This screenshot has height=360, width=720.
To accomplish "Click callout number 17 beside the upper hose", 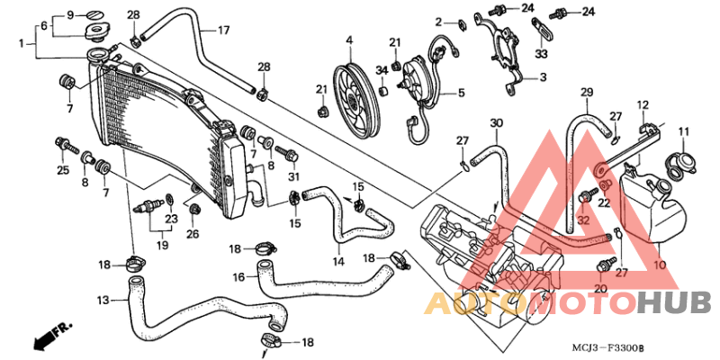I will (224, 30).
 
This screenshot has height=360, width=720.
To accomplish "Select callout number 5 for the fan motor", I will (461, 93).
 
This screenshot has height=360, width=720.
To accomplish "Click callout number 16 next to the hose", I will (238, 277).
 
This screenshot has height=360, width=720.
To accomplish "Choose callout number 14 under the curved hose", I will (338, 262).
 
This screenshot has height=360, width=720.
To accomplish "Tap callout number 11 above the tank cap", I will (683, 132).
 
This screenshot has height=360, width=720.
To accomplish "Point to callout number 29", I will (586, 94).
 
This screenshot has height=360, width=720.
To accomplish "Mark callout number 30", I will (495, 123).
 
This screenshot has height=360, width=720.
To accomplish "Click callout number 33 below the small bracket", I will (541, 54).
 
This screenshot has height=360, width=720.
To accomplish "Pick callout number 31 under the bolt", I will (292, 175).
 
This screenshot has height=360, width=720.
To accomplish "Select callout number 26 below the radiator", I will (193, 234).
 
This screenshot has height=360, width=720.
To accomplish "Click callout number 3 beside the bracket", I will (543, 78).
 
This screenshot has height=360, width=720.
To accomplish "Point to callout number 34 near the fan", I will (382, 69).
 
